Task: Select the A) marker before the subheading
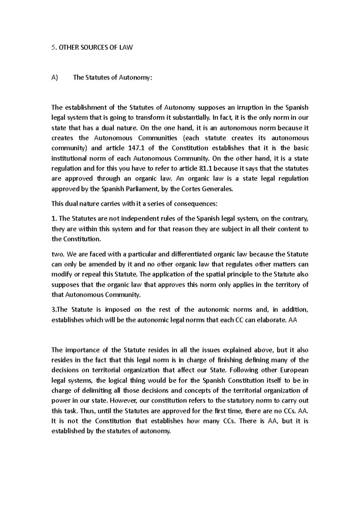click(54, 78)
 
